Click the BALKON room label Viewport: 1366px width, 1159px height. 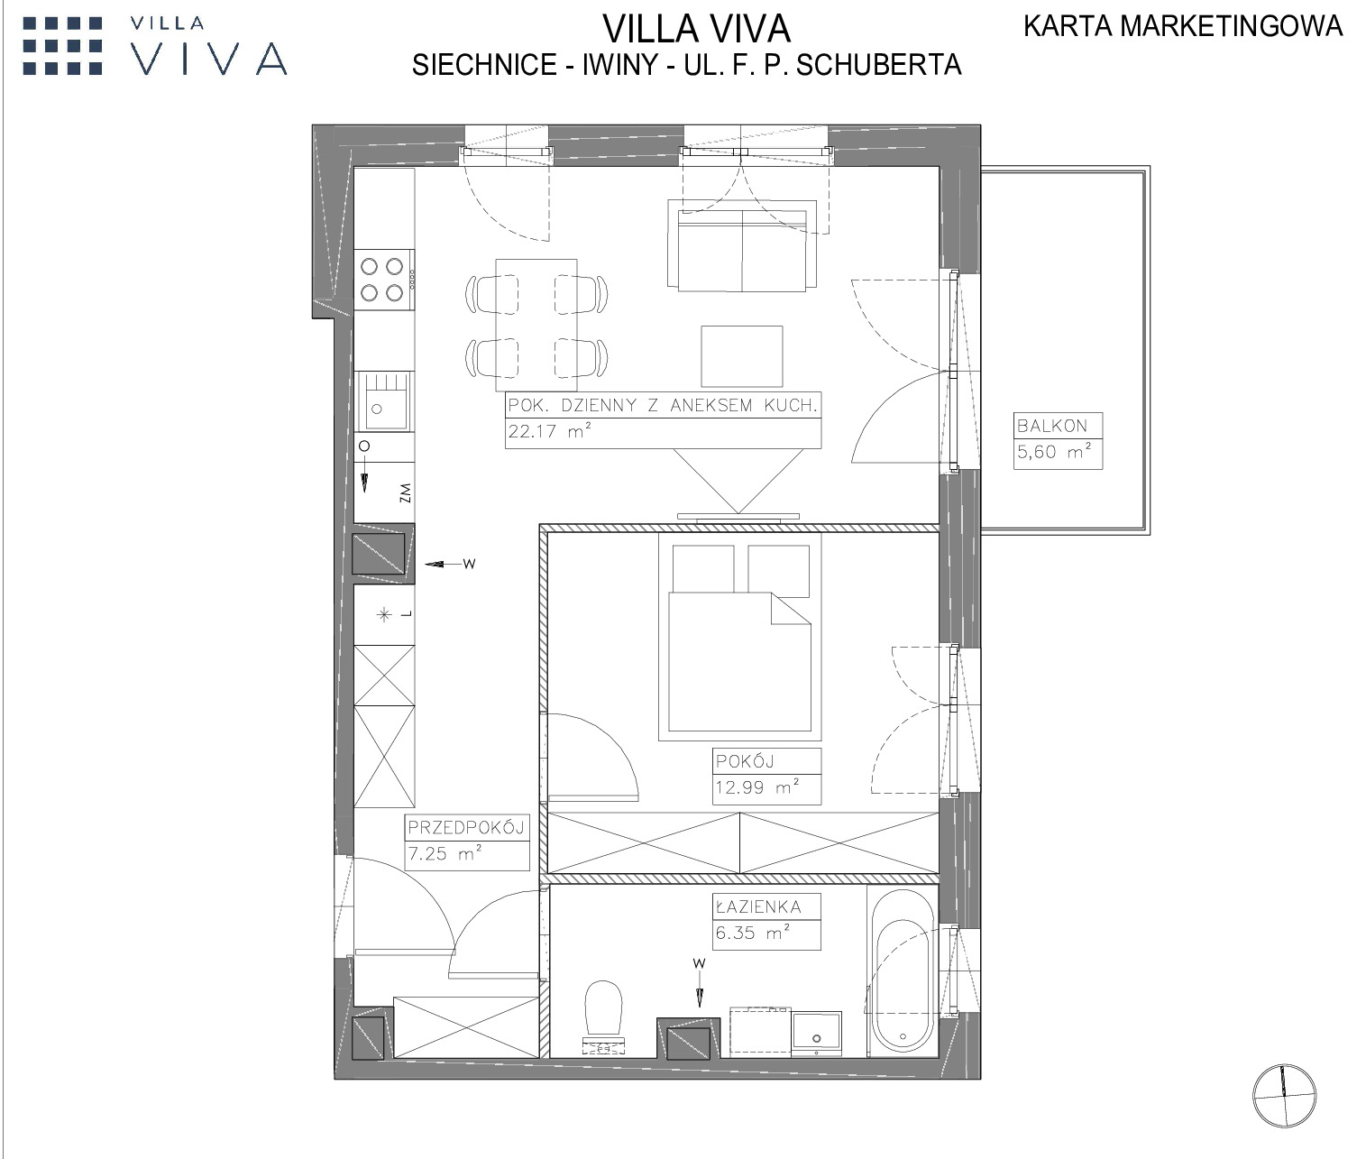(x=1052, y=426)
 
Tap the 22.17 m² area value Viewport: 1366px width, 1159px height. (x=550, y=431)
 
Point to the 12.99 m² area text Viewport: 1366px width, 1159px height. (x=757, y=786)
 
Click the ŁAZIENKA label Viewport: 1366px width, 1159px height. (x=758, y=906)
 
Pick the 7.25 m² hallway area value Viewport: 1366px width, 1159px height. (x=445, y=853)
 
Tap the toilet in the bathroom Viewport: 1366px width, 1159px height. (x=603, y=1017)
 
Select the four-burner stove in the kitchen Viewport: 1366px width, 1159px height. (x=385, y=280)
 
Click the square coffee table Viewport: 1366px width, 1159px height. (x=742, y=356)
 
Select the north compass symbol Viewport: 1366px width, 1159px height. (x=1285, y=1096)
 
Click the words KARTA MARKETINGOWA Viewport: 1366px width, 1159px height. (x=1183, y=26)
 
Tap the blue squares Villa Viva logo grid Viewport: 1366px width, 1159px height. (x=63, y=46)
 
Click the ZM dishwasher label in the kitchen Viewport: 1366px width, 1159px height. (x=406, y=492)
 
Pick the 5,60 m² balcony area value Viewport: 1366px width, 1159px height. (x=1054, y=452)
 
